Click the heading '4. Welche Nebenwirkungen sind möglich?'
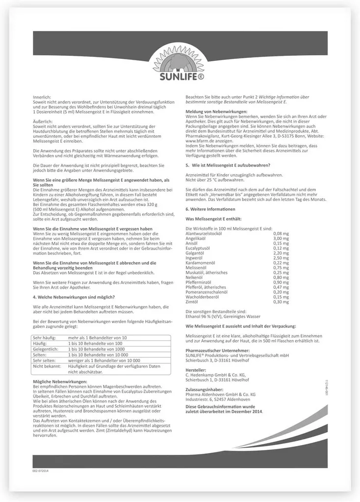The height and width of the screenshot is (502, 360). click(74, 297)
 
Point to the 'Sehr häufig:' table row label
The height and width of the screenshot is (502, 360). click(44, 338)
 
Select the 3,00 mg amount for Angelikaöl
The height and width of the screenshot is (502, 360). click(281, 238)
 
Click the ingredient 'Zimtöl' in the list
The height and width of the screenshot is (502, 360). click(193, 301)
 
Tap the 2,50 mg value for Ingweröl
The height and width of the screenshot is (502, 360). click(281, 258)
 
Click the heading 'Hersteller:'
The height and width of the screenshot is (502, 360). click(196, 370)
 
